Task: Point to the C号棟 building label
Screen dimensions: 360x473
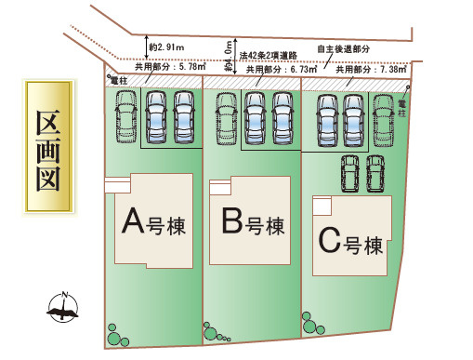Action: click(x=351, y=244)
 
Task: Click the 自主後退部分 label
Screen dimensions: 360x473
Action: click(x=343, y=48)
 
